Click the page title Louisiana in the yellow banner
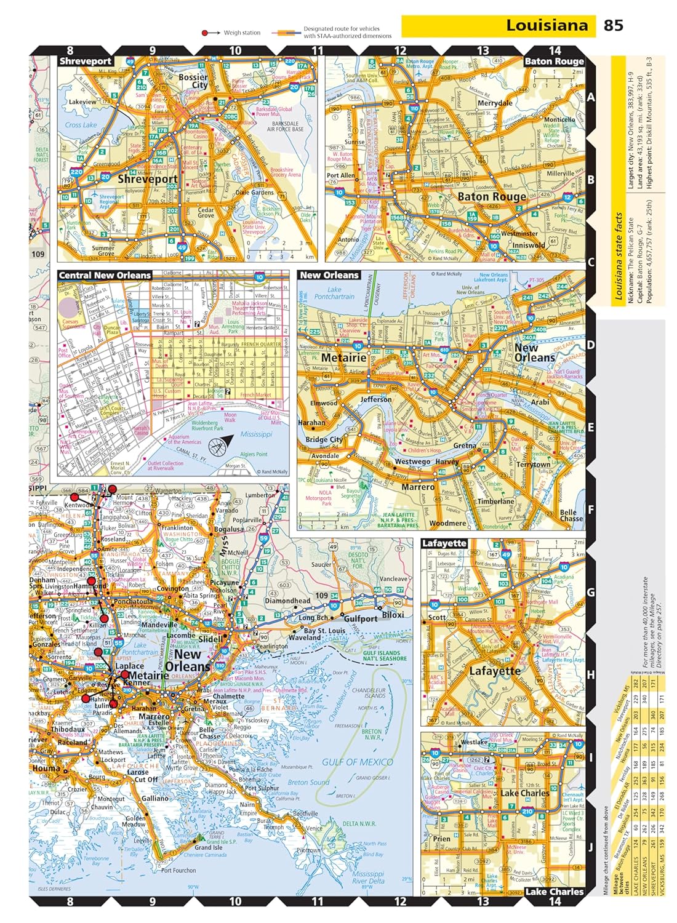[x=547, y=25]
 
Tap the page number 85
[x=613, y=25]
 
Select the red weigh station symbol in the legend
[x=206, y=33]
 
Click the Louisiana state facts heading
[x=620, y=256]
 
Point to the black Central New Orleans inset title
[x=105, y=275]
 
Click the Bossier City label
[x=193, y=81]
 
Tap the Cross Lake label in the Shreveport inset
[x=81, y=125]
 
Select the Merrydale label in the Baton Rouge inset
[x=495, y=103]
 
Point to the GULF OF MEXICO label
[x=357, y=762]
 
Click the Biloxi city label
[x=393, y=615]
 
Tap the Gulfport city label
[x=361, y=618]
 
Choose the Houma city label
[x=46, y=768]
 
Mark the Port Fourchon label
[x=178, y=870]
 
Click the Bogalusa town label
[x=228, y=529]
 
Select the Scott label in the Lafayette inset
[x=436, y=617]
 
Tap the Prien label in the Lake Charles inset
[x=441, y=839]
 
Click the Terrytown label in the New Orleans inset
[x=534, y=465]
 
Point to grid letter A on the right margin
[x=591, y=97]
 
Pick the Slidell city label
[x=210, y=639]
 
